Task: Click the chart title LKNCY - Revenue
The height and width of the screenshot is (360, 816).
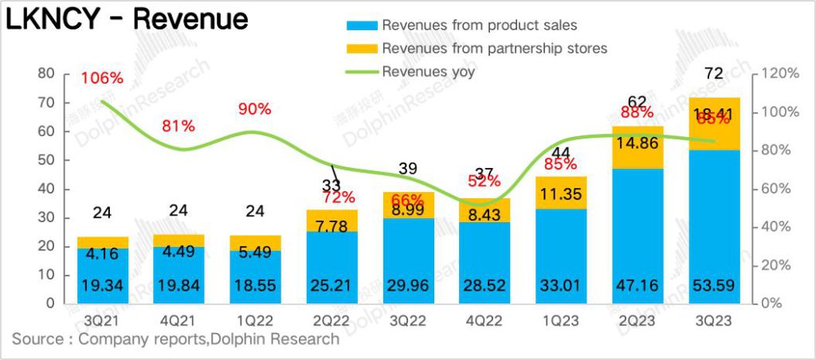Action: click(127, 20)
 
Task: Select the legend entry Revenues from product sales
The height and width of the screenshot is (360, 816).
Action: click(479, 25)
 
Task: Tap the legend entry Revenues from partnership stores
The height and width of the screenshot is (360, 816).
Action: click(494, 49)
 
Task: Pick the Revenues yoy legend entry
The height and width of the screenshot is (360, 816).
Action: click(428, 72)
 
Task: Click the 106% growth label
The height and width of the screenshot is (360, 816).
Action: click(103, 78)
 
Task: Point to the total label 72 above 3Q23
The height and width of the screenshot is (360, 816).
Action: click(714, 74)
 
